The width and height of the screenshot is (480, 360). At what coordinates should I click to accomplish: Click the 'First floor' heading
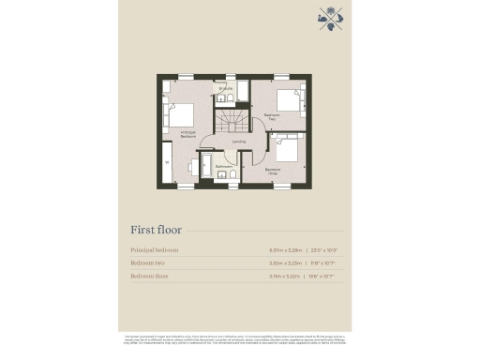point(156,229)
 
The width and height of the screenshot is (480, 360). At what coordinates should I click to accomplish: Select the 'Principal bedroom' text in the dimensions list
point(155,250)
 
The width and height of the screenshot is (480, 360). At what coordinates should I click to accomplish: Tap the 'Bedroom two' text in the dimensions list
point(149,263)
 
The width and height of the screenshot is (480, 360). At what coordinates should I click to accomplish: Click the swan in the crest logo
point(324,14)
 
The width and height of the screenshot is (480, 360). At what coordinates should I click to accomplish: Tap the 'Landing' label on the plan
point(239,141)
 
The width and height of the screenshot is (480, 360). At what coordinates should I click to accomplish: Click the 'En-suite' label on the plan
point(225,88)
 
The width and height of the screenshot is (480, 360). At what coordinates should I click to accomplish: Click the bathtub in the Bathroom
point(225,178)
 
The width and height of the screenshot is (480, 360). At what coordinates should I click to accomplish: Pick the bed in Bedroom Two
point(290,98)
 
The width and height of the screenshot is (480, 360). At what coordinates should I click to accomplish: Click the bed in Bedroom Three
point(287,148)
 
